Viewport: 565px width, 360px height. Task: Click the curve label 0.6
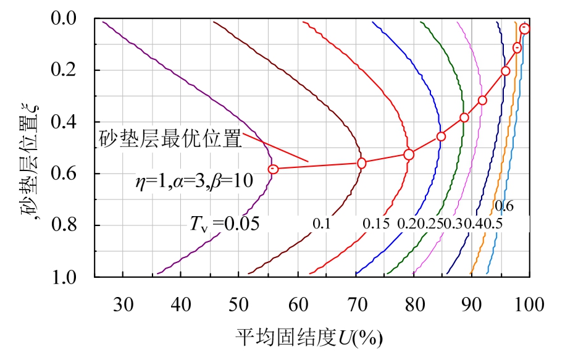(504, 205)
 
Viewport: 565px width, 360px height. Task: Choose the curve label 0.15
(375, 223)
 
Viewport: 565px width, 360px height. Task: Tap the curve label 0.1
(321, 223)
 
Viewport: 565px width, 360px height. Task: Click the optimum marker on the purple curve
(274, 169)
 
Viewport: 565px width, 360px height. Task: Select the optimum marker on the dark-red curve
(362, 163)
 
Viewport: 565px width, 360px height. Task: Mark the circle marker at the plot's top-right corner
(525, 28)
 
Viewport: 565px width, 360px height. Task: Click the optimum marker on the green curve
(464, 117)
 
